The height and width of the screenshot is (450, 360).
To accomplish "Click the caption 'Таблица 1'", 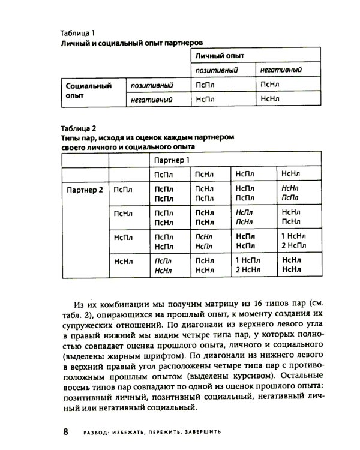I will [78, 33].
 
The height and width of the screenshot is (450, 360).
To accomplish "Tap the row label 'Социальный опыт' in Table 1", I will [89, 91].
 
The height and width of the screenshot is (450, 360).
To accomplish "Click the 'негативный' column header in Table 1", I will [281, 70].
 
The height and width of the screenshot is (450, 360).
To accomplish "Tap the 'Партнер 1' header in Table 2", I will [172, 160].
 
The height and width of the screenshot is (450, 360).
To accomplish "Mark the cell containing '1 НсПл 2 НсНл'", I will [250, 265].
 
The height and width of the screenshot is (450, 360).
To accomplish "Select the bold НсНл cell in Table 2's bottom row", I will [291, 265].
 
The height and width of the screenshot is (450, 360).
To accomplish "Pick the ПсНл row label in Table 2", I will [123, 212].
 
